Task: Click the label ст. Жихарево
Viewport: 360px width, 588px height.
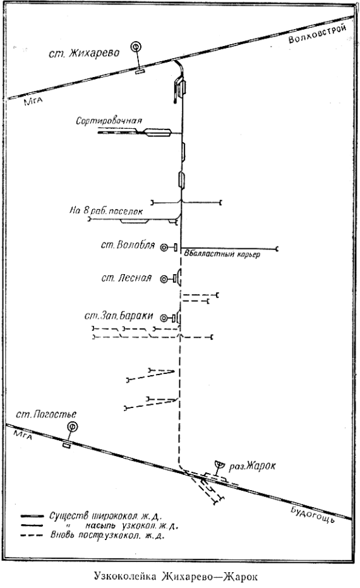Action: (x=84, y=52)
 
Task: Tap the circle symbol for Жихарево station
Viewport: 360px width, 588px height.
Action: (x=136, y=47)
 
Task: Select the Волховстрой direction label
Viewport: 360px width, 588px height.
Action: (x=317, y=34)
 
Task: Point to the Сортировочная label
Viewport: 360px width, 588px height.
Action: (x=109, y=121)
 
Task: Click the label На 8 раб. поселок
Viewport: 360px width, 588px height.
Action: (x=106, y=211)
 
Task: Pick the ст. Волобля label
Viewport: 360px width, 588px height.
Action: (x=128, y=245)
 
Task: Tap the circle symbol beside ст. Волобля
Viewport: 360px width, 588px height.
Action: (x=164, y=248)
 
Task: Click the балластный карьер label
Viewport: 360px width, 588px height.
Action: (x=222, y=255)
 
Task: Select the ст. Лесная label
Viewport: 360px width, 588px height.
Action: (x=126, y=279)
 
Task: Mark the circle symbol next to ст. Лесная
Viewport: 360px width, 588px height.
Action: (x=164, y=279)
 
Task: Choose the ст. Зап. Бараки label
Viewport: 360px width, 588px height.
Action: (x=119, y=316)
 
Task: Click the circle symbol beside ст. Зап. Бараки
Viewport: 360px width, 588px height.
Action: (x=164, y=319)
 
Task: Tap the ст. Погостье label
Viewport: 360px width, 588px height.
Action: (x=46, y=414)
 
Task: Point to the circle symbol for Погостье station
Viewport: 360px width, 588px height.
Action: (x=72, y=426)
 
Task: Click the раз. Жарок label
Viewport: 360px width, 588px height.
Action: (x=253, y=466)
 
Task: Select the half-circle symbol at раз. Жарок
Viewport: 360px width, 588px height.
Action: (x=219, y=464)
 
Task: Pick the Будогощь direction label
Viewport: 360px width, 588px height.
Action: (x=312, y=514)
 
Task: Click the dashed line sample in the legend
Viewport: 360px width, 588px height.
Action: (x=33, y=536)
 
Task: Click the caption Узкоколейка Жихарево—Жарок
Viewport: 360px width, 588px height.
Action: (x=176, y=576)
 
